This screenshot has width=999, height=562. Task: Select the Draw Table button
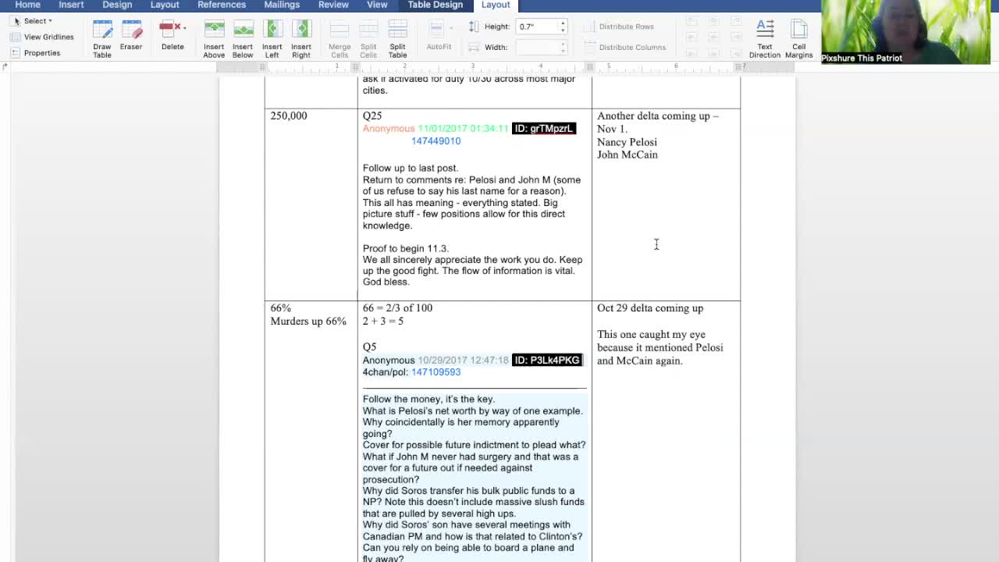click(102, 37)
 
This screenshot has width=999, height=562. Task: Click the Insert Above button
click(214, 37)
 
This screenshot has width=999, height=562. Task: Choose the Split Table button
click(397, 37)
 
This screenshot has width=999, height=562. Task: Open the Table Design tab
click(435, 5)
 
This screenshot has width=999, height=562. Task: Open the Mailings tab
click(282, 5)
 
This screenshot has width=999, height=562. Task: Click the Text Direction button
click(765, 37)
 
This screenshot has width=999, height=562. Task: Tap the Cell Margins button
click(798, 37)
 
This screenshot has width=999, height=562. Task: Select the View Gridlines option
click(48, 37)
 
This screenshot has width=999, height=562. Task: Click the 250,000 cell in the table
click(289, 116)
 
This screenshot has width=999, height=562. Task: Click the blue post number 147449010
click(436, 141)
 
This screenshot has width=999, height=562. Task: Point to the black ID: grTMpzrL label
click(544, 129)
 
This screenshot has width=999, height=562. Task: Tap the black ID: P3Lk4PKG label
click(547, 360)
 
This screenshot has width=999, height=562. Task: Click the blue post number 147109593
click(436, 372)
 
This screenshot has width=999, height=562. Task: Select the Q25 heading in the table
click(372, 116)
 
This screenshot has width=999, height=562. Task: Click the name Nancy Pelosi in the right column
click(627, 142)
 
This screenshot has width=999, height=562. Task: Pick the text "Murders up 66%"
click(308, 322)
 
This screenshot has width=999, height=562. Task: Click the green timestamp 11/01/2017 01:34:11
click(463, 129)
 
